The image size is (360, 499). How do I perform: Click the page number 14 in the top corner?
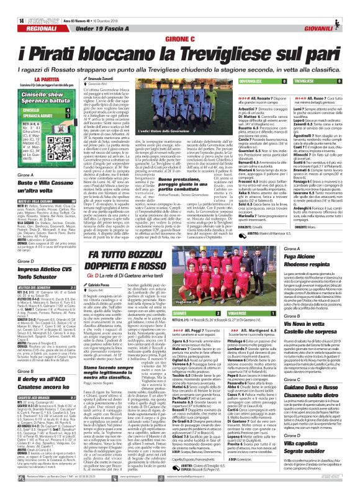point(13,6)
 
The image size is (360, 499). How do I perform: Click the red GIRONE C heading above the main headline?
point(180,20)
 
